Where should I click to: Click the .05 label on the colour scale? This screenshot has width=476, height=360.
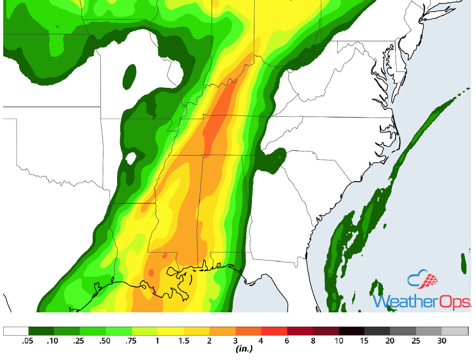tap(29, 341)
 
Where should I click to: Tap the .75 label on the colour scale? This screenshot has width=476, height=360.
tap(132, 341)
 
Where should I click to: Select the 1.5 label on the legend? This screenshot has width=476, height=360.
tap(184, 341)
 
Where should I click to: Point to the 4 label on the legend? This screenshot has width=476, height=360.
tap(261, 341)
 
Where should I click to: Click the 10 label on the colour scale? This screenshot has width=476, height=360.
tap(339, 341)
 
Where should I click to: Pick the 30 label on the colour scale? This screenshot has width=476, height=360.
tap(442, 341)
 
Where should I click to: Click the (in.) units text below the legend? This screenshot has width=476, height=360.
tap(244, 349)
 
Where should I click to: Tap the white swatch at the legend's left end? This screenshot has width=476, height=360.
tap(16, 331)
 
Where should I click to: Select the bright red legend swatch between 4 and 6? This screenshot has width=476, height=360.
tap(274, 331)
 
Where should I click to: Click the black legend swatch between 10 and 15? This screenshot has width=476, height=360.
tap(352, 331)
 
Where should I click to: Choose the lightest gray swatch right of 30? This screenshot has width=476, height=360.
tap(455, 331)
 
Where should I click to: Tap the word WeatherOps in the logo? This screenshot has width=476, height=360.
tap(421, 302)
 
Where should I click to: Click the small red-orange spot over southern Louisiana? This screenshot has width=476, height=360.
tap(151, 273)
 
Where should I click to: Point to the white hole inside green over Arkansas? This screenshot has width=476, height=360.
tap(131, 158)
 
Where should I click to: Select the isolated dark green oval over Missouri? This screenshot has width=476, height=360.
tap(129, 76)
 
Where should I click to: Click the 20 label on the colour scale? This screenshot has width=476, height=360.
tap(390, 341)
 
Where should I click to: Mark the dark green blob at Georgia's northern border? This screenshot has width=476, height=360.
tap(275, 160)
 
